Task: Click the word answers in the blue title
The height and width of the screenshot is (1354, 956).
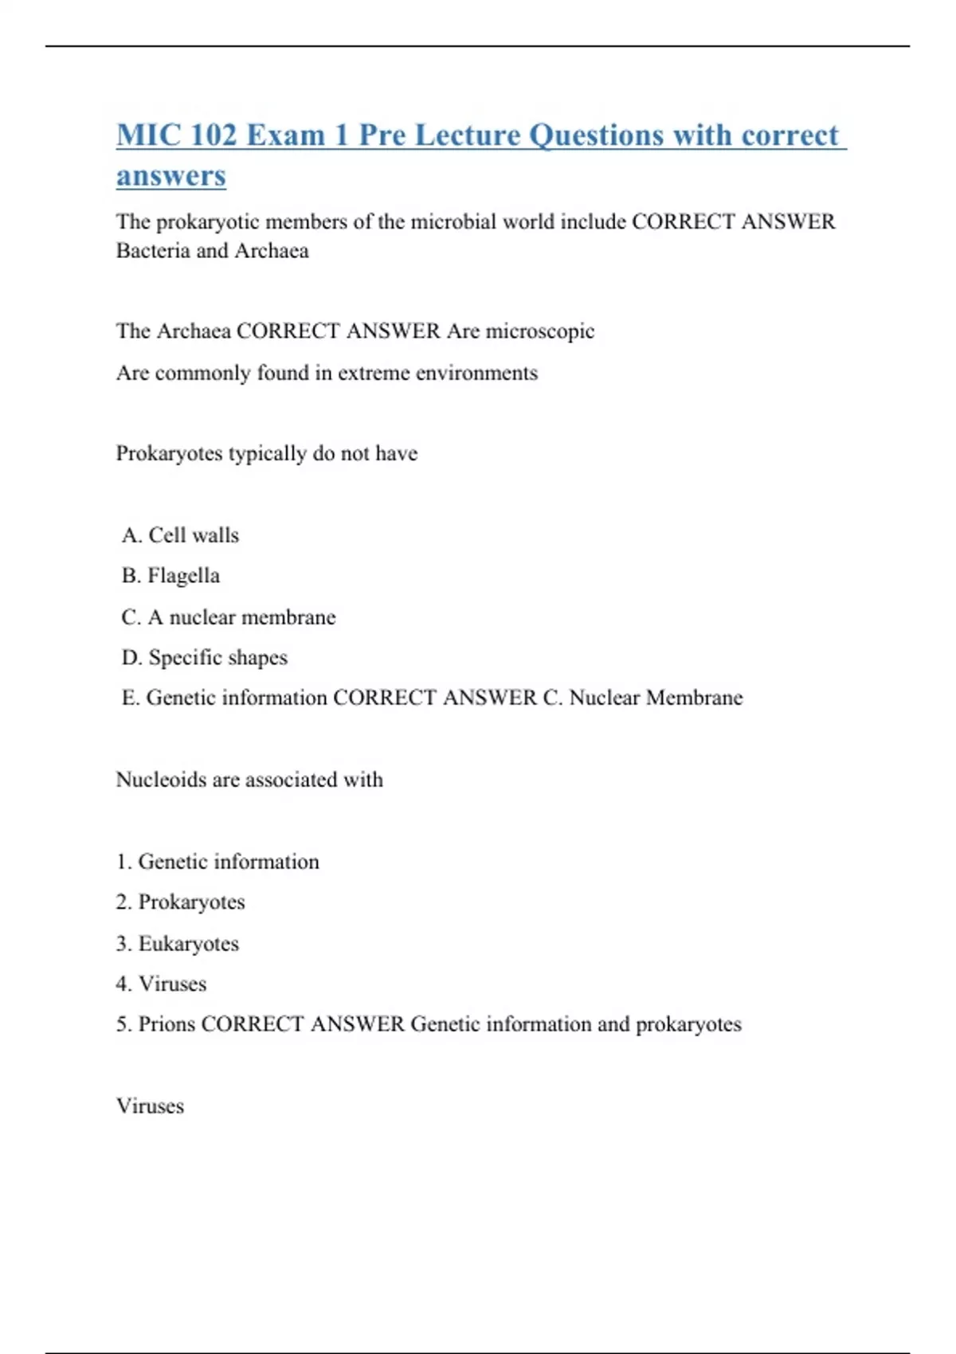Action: point(170,176)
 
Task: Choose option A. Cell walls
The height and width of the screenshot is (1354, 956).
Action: point(180,535)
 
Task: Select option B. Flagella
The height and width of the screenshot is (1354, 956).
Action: point(170,576)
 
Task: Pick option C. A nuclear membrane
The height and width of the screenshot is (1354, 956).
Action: point(229,617)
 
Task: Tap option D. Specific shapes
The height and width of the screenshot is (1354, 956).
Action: point(204,658)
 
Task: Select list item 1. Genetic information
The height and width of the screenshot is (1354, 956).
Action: point(217,862)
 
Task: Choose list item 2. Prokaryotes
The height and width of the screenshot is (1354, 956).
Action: point(180,902)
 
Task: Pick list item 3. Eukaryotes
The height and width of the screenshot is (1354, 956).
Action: point(177,944)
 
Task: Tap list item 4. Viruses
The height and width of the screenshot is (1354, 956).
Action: point(161,984)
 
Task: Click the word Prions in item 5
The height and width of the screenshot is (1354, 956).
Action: point(167,1024)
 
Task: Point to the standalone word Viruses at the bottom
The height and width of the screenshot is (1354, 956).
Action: point(150,1106)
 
